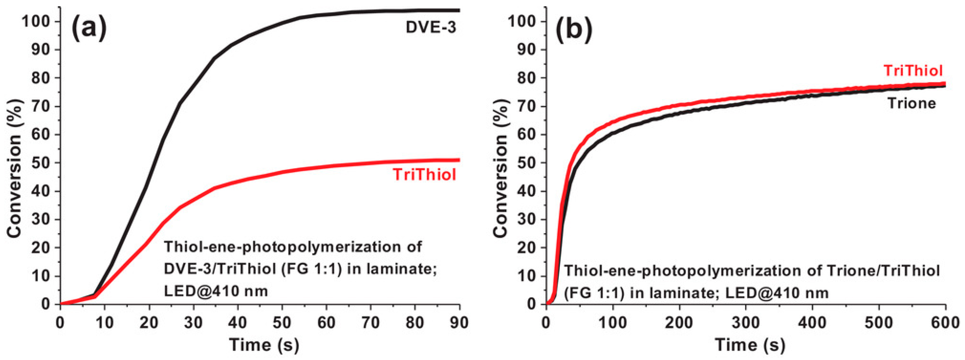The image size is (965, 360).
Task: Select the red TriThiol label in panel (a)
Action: coord(424,175)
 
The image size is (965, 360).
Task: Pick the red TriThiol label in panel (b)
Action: coord(913,70)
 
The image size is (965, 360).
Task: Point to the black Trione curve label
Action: coord(911,103)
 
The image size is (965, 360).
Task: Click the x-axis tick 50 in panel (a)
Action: coord(282,322)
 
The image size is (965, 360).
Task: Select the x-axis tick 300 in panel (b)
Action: coord(746,322)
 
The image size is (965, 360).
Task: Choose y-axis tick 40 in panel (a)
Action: coord(41,192)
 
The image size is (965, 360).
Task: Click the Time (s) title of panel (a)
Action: coord(264,345)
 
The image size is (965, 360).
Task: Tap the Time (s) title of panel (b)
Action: coord(750,345)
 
